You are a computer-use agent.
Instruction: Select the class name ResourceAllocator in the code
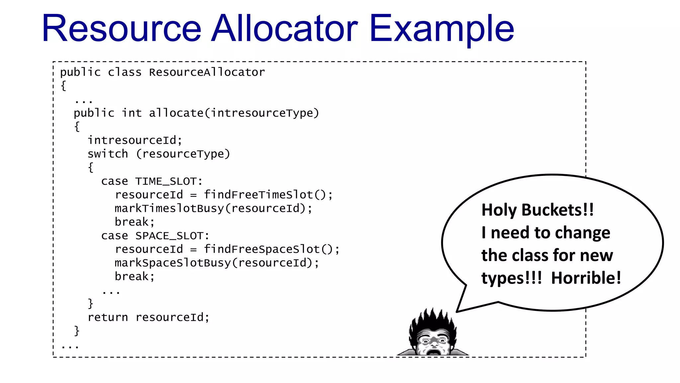[207, 72]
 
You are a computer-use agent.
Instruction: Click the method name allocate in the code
[176, 113]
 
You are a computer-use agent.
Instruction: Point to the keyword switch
[108, 154]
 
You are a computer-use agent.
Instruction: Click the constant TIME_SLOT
[166, 182]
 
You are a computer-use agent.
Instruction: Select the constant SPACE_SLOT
[169, 236]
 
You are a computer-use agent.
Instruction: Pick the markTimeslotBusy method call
[169, 208]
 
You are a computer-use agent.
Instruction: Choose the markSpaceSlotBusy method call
[173, 263]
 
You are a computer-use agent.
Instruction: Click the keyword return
[108, 318]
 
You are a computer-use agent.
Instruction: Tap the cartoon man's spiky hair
[432, 319]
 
